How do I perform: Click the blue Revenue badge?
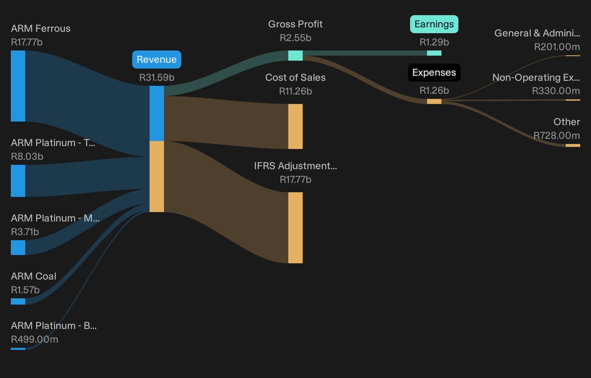point(156,60)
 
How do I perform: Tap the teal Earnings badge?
point(434,24)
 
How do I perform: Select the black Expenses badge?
point(434,72)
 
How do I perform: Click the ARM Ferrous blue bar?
point(18,86)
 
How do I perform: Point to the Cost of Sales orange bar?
point(295,126)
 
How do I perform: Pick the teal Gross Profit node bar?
point(295,55)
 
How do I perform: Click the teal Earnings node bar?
point(434,53)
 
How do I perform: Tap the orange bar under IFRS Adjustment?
point(295,228)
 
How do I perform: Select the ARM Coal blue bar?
point(18,302)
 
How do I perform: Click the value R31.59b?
point(157,77)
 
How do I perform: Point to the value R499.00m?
point(34,339)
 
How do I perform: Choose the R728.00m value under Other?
point(557,136)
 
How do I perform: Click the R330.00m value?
point(556,91)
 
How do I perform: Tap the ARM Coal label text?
point(34,276)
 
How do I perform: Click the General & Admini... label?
point(537,33)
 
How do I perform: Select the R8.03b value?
point(27,157)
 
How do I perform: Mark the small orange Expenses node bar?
point(434,101)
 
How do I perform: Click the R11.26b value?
point(295,91)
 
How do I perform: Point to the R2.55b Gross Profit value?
point(295,38)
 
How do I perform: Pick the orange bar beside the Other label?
point(573,145)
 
